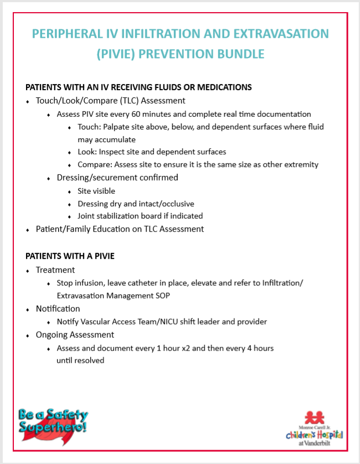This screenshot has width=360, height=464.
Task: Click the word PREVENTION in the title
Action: pyautogui.click(x=171, y=54)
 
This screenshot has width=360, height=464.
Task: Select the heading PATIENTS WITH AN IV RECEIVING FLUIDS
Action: pyautogui.click(x=138, y=87)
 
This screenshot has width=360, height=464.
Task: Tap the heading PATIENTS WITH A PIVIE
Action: pyautogui.click(x=70, y=256)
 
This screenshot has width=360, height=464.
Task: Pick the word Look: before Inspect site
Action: pyautogui.click(x=87, y=152)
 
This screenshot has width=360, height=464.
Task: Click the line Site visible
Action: pyautogui.click(x=96, y=191)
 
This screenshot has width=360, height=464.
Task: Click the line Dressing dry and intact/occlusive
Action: pyautogui.click(x=136, y=204)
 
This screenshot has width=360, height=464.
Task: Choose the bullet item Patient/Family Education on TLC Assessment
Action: pyautogui.click(x=120, y=229)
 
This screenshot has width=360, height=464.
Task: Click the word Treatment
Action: pyautogui.click(x=55, y=270)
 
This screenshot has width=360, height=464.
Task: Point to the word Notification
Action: pyautogui.click(x=58, y=308)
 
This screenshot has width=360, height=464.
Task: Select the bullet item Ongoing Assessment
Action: pyautogui.click(x=75, y=334)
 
